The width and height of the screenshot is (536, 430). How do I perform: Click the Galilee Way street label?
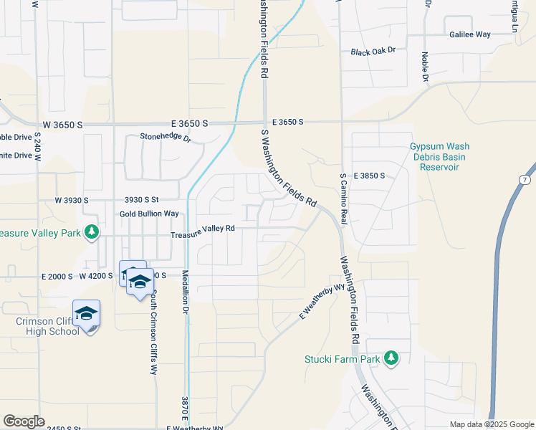470,34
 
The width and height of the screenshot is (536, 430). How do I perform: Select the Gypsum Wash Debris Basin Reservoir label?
434,157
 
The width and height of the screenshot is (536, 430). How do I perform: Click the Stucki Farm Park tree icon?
391,358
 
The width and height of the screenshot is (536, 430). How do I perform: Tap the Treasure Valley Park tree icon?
91,231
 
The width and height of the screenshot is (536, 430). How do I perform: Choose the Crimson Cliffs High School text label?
47,326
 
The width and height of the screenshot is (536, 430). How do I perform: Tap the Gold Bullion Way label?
149,214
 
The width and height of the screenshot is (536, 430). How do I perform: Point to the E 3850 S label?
369,176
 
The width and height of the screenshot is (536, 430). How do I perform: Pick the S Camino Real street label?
344,199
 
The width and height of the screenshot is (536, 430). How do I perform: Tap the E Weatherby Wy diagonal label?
317,302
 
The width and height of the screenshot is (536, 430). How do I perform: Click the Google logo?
24,421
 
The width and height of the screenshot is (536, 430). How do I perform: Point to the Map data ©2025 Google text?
491,424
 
